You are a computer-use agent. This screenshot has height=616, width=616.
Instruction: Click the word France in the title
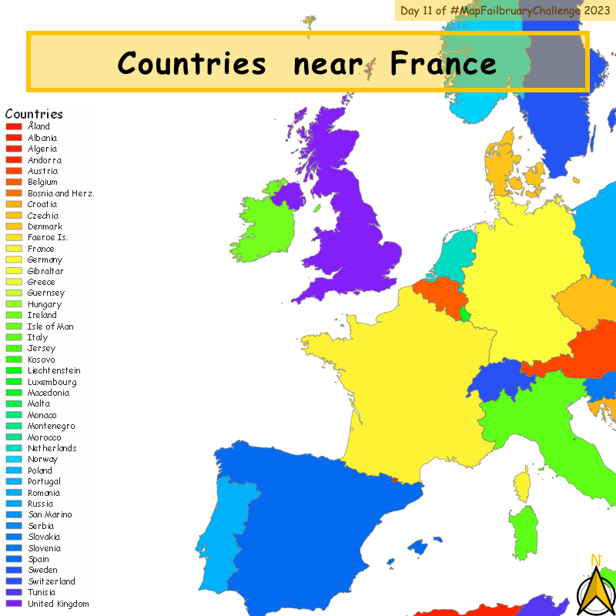tap(443, 63)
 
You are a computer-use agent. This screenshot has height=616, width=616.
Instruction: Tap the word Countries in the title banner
tap(192, 63)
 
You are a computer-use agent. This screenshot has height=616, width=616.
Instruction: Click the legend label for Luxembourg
tap(52, 382)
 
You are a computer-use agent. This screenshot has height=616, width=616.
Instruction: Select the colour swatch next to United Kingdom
tap(14, 604)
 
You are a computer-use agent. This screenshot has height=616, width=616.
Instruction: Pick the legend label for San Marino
tap(50, 514)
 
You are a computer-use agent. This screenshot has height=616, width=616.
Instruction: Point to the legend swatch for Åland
tap(14, 126)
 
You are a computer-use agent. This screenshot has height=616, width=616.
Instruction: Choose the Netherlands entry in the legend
tap(52, 448)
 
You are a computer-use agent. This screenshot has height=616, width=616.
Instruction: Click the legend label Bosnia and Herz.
tap(61, 193)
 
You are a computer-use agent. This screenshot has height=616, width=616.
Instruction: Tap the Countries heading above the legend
tap(34, 114)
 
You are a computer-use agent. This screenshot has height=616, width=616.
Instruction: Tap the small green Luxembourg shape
tap(464, 315)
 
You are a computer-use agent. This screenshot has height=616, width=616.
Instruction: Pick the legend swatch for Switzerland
tap(14, 581)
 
